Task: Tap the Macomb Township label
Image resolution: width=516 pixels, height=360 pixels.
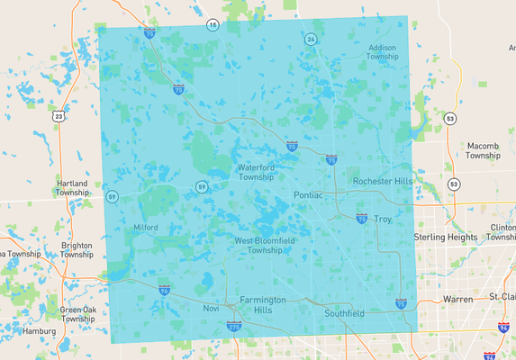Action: [483, 150]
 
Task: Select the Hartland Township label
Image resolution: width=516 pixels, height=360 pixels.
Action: [72, 188]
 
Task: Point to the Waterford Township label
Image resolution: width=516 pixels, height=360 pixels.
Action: [262, 172]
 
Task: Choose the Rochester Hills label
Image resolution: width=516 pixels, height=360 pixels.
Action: [382, 181]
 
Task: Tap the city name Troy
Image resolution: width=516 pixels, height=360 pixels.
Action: [384, 219]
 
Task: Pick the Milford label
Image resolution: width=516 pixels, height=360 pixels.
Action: [145, 228]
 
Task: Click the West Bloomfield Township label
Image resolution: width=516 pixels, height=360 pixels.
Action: [258, 246]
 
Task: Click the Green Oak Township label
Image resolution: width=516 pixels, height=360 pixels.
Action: [78, 314]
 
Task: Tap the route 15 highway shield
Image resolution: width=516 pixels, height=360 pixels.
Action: [213, 24]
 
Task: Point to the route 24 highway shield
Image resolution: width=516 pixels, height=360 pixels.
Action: [311, 40]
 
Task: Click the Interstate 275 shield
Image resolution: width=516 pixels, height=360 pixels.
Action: [234, 328]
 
